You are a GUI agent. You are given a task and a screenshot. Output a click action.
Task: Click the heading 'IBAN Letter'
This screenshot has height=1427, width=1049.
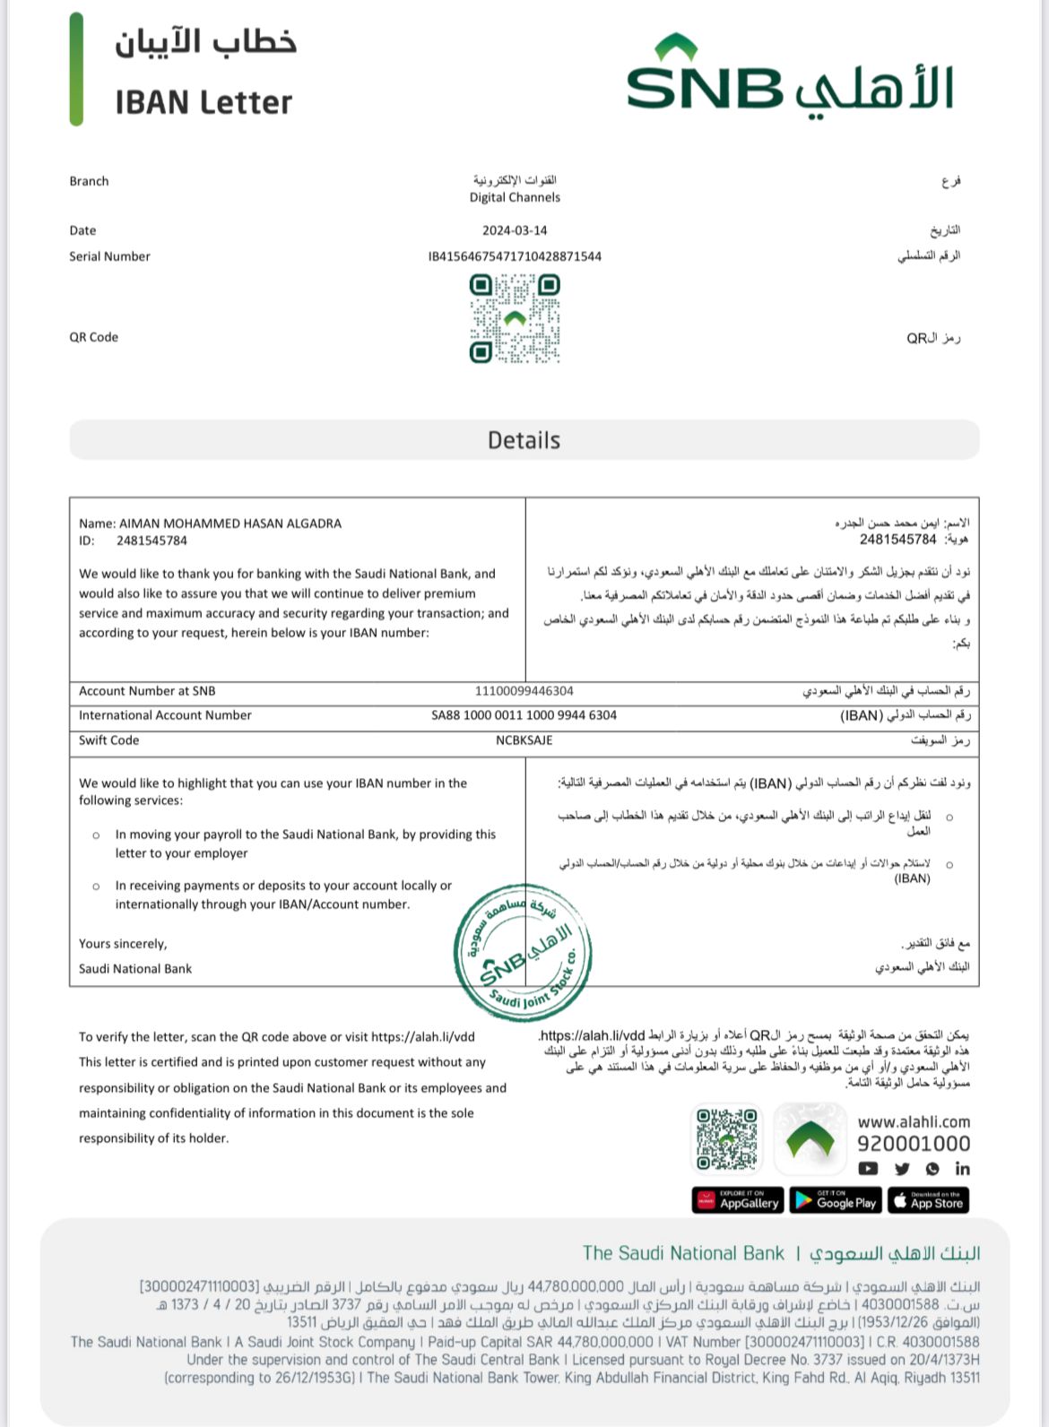click(x=204, y=102)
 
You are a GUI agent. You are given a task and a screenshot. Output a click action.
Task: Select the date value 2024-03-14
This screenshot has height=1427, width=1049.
click(x=515, y=230)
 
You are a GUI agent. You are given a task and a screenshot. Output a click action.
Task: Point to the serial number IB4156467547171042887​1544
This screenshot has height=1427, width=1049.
click(x=515, y=256)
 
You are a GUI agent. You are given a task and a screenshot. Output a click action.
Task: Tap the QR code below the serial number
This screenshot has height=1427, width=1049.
click(x=515, y=318)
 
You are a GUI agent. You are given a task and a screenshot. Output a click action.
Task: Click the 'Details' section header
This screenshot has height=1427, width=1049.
click(x=524, y=440)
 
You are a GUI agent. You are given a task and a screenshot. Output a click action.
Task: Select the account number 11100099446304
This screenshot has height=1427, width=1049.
click(x=524, y=691)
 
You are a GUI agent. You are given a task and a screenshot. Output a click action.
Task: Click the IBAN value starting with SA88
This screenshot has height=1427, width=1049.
click(x=524, y=715)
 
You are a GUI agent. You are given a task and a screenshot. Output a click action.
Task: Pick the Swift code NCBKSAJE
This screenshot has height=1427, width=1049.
click(x=524, y=740)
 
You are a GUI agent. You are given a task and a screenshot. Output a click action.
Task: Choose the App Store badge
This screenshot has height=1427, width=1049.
click(x=928, y=1201)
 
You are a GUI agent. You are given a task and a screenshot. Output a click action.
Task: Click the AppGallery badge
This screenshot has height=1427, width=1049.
click(x=738, y=1201)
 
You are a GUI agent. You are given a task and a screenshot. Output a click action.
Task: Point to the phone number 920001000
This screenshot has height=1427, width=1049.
click(x=914, y=1144)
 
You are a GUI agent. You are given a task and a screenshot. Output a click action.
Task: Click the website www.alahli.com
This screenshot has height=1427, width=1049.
click(x=914, y=1121)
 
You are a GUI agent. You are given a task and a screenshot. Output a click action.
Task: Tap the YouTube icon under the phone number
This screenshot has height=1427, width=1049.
click(x=868, y=1169)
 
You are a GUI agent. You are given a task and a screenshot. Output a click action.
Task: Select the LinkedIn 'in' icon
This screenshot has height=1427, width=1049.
click(x=962, y=1169)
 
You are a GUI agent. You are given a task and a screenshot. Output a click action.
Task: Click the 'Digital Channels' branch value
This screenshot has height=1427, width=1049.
click(x=515, y=197)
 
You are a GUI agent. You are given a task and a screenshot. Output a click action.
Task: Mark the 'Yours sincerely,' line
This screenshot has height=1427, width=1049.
click(x=123, y=944)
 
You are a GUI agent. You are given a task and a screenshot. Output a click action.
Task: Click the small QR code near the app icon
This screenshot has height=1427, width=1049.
click(x=727, y=1138)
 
